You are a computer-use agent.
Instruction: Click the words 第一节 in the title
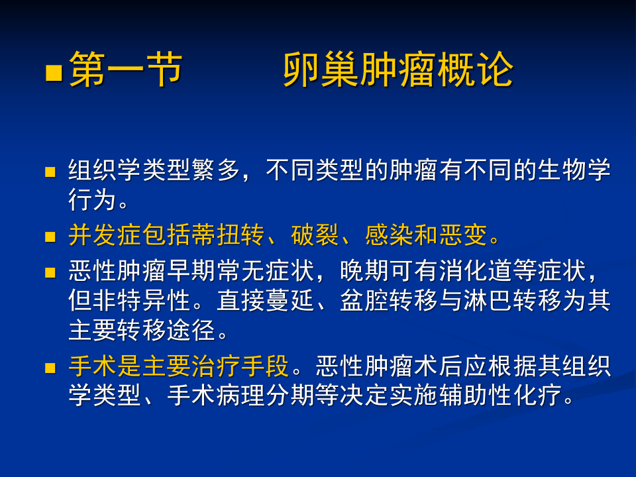[x=126, y=70]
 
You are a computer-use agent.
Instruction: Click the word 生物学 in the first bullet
[x=574, y=170]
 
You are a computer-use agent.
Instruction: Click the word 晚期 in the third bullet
[x=360, y=272]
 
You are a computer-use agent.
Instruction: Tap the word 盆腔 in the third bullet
[x=360, y=300]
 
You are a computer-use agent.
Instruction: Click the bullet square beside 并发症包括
[x=50, y=236]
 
